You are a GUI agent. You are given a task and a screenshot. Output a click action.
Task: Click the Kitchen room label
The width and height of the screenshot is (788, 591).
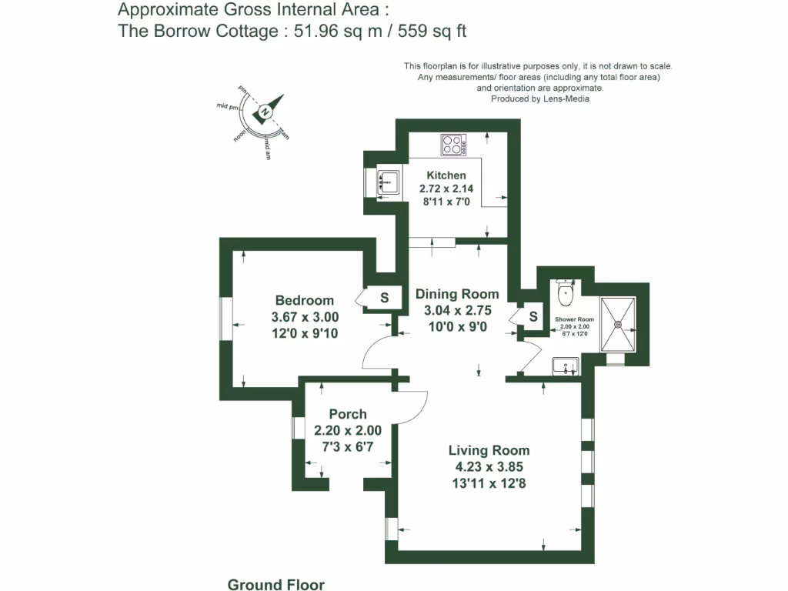446,175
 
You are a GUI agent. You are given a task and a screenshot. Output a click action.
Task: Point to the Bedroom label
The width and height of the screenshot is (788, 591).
305,300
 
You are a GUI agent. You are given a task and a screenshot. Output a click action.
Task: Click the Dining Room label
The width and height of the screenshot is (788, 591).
457,294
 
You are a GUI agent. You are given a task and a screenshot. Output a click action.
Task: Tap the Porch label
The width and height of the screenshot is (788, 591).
348,414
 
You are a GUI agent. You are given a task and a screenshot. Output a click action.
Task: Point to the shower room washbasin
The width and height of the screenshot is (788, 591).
566,366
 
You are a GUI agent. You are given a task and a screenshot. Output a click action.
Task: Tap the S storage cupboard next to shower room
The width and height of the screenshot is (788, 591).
533,316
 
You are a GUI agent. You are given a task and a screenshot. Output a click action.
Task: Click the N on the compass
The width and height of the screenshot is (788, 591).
265,112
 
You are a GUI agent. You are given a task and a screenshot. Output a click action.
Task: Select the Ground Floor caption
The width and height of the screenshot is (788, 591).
276,585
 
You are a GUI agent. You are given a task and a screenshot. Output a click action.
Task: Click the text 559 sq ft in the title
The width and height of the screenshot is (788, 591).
433,31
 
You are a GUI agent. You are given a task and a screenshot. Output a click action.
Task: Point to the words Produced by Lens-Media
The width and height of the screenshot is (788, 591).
540,98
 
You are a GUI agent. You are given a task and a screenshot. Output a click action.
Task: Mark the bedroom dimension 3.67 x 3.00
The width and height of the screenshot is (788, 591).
305,317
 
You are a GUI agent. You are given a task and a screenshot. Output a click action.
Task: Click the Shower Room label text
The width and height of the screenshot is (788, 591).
575,319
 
